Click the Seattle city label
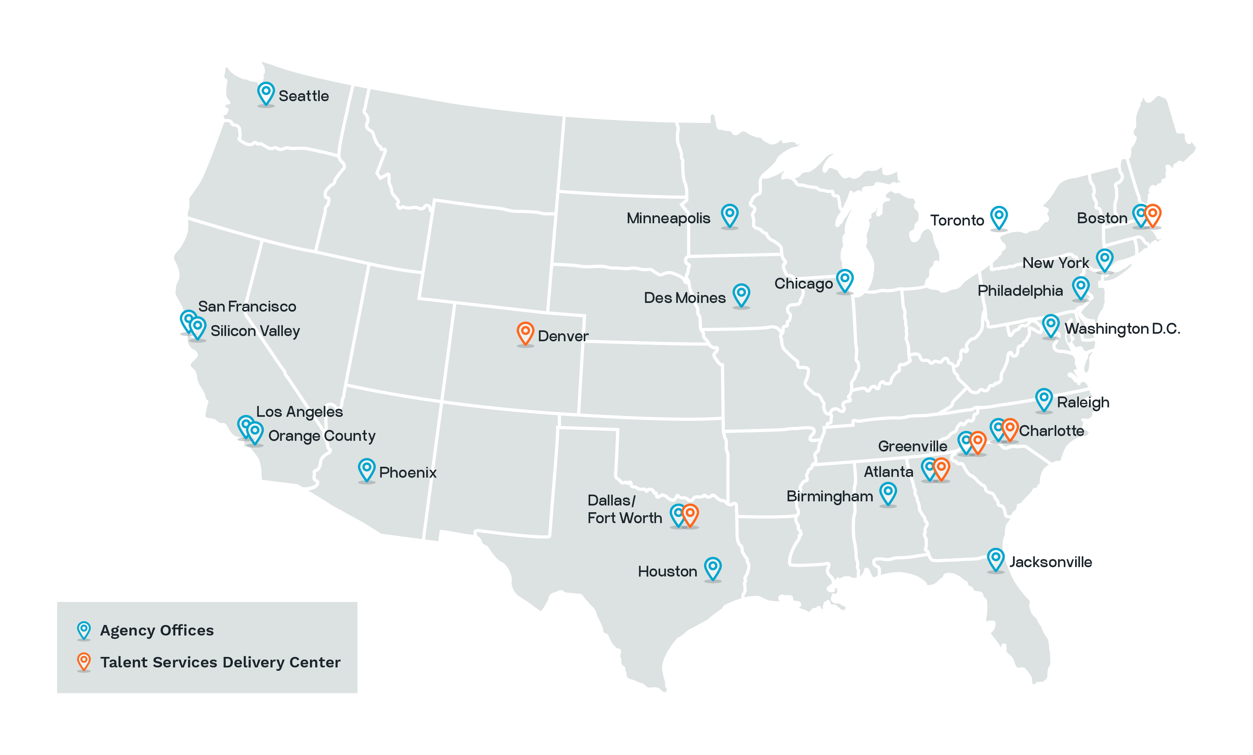304,96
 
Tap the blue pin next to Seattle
266,92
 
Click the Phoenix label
407,472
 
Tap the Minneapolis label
668,218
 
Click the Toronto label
957,221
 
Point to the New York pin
1104,259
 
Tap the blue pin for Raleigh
1043,398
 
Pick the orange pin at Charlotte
1010,428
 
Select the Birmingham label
829,496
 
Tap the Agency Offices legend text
156,631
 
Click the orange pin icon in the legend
84,661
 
